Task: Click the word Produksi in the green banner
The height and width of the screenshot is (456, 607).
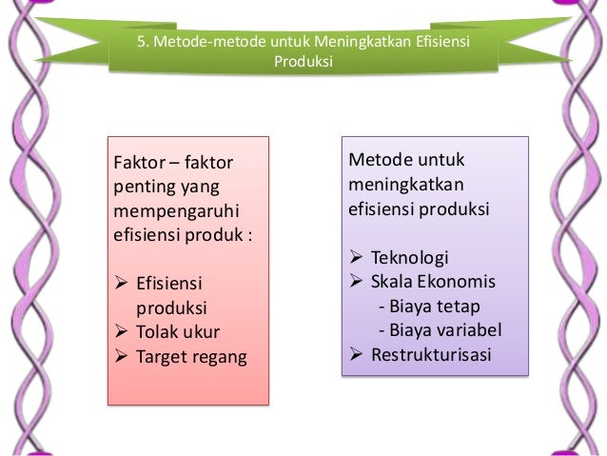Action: click(x=303, y=62)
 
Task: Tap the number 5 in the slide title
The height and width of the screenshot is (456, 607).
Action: click(x=144, y=41)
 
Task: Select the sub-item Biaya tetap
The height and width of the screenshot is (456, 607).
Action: click(x=430, y=307)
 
